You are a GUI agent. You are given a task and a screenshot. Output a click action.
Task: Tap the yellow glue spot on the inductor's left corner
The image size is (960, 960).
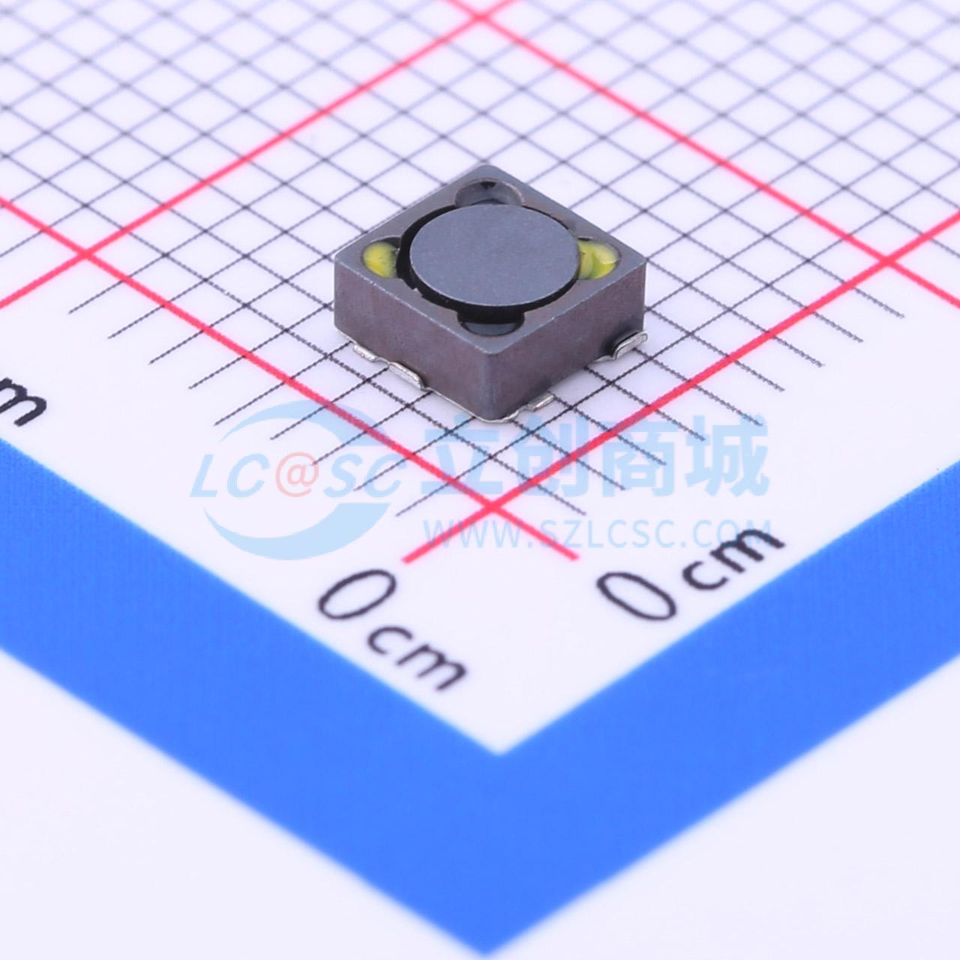coord(380,259)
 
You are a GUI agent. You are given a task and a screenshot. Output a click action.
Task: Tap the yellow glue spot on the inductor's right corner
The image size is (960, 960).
coord(598,259)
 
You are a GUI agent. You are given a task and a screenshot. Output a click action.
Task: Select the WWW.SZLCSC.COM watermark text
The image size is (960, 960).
coord(597,534)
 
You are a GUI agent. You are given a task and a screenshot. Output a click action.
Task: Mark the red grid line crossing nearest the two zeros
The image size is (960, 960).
coord(495,509)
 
